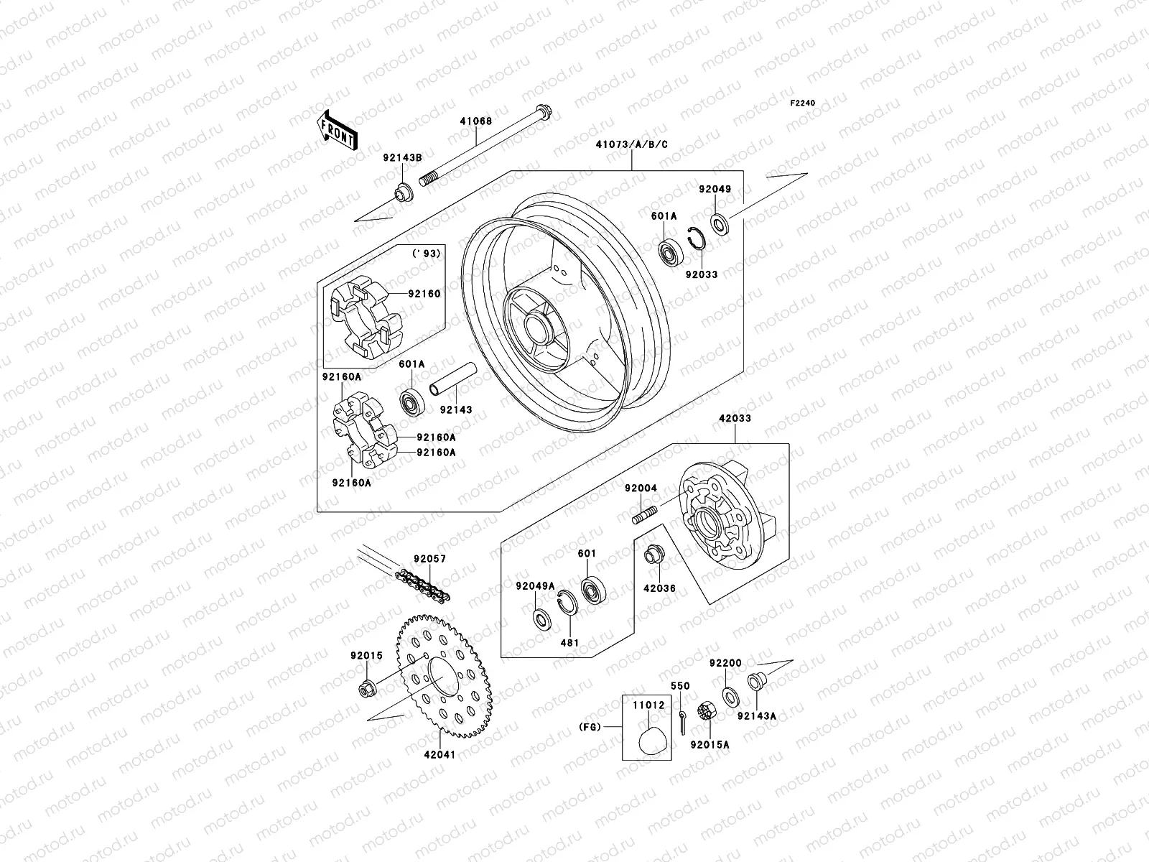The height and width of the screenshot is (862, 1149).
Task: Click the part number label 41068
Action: point(496,121)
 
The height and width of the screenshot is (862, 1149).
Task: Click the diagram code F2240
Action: point(803,103)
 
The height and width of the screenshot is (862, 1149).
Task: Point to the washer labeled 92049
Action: point(720,224)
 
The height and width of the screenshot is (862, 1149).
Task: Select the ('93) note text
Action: point(426,254)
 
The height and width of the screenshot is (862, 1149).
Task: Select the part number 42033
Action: point(733,418)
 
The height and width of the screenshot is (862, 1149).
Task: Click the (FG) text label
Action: point(589,727)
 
